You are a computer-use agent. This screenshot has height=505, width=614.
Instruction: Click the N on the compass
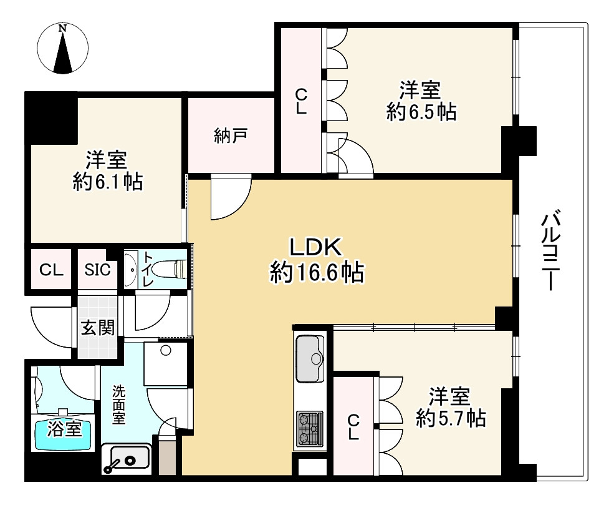62,29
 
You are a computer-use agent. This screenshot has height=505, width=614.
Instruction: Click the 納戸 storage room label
231,135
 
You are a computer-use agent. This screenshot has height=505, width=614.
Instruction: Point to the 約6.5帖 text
421,113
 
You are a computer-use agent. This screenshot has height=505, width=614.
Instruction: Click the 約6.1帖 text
107,182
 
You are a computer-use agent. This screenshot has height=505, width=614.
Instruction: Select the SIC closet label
98,270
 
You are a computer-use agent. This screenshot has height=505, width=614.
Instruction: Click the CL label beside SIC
51,270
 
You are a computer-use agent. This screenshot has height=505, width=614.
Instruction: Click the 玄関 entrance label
98,327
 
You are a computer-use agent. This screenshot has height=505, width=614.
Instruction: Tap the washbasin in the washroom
127,459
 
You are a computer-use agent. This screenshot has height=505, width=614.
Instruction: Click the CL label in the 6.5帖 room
301,101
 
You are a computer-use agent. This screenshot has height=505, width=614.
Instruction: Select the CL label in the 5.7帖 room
353,427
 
